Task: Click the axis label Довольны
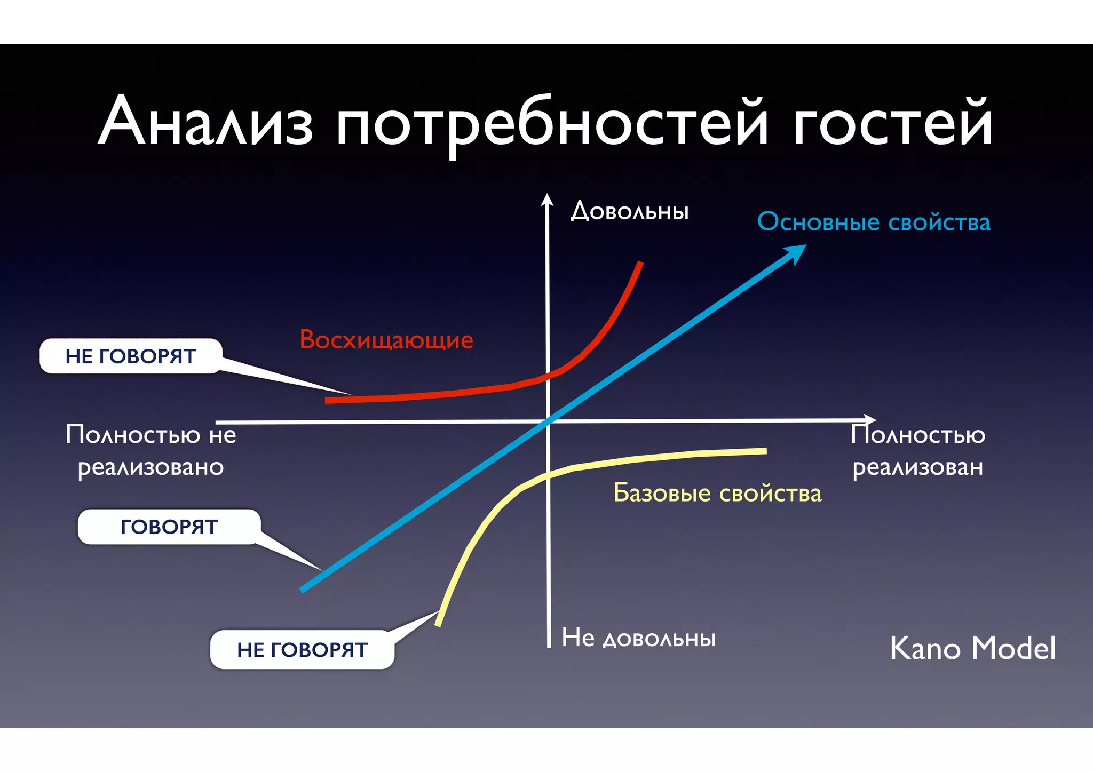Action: (630, 212)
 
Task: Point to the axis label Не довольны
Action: (638, 638)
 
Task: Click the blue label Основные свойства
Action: (874, 222)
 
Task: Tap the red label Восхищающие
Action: (386, 340)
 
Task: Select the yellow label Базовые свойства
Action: (717, 493)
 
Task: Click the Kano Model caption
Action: (972, 649)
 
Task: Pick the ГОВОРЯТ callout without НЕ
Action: (169, 527)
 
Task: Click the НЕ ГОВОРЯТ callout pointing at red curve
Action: (131, 356)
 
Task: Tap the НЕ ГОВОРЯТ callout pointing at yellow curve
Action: (302, 650)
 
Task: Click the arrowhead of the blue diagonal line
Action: (797, 251)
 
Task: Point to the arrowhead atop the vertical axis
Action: (547, 200)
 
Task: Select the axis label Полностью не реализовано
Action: (151, 451)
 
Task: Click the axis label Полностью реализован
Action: (917, 451)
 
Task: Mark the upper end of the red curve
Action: (640, 264)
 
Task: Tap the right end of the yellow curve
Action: (765, 451)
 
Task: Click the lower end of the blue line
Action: (303, 590)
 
